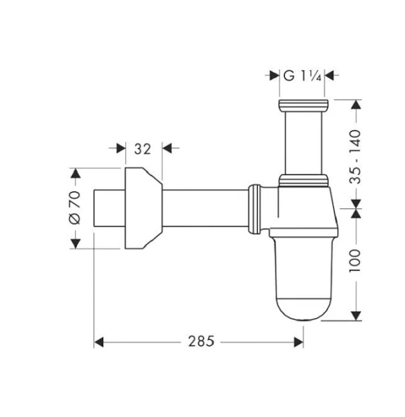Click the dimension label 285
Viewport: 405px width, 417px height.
[200, 341]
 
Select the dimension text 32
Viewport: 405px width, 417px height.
[142, 148]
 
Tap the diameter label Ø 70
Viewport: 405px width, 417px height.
[76, 208]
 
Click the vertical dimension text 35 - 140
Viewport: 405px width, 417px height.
[355, 156]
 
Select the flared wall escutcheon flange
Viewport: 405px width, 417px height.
[142, 208]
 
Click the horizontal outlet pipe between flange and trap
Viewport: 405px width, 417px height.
[205, 208]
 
